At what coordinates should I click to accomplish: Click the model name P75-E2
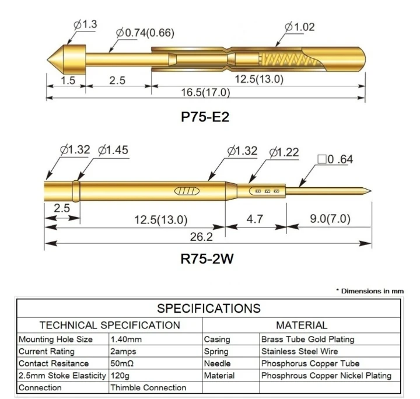click(x=205, y=117)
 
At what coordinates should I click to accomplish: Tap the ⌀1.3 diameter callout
click(x=85, y=24)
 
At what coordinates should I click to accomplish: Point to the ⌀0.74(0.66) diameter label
click(x=145, y=33)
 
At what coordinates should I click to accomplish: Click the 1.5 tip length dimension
click(x=68, y=80)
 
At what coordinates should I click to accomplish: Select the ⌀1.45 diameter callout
click(x=113, y=150)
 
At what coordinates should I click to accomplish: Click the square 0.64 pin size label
click(x=334, y=159)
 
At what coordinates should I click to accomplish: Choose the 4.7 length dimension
click(x=255, y=219)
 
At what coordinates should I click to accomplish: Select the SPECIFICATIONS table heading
click(x=209, y=307)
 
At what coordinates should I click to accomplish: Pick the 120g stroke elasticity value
click(x=121, y=376)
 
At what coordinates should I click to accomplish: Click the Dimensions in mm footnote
click(x=369, y=290)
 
